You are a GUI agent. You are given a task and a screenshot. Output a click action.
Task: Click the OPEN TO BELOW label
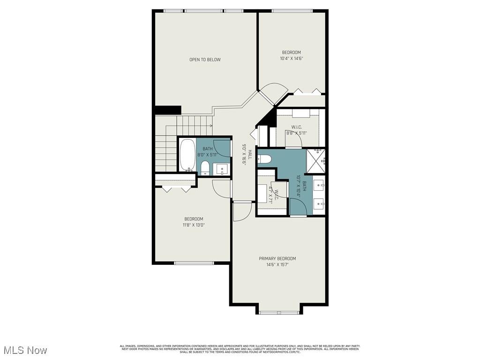(x=205, y=60)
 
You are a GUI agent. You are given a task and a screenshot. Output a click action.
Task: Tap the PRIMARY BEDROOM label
(x=277, y=258)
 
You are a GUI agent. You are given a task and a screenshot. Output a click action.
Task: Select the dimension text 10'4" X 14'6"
(x=292, y=59)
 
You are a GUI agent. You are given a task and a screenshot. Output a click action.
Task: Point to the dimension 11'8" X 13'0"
(x=194, y=225)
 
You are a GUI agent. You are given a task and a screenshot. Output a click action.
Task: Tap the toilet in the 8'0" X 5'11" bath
(x=205, y=168)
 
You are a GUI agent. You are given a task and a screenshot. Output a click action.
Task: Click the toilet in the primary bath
(x=264, y=159)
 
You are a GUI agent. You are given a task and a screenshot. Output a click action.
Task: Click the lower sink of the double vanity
(x=320, y=202)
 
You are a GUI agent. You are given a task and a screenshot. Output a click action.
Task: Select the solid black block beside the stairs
(x=168, y=110)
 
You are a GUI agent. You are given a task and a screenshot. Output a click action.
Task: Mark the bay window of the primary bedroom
(x=279, y=312)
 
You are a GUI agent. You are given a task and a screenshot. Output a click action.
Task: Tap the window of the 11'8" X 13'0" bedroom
(x=194, y=262)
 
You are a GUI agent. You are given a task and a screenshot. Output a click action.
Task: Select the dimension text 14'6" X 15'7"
(x=277, y=264)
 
